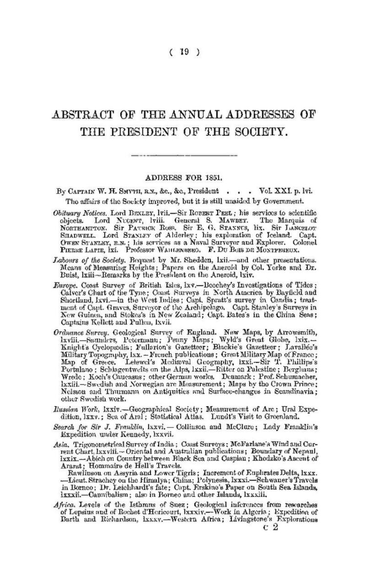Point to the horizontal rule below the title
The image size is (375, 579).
point(187,156)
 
